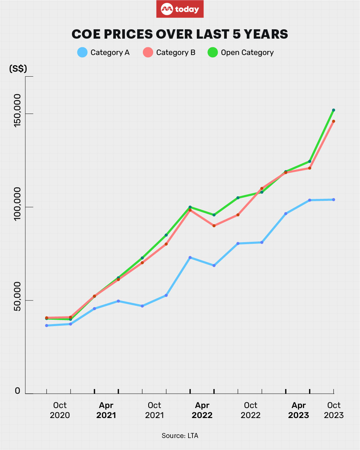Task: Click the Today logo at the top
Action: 180,9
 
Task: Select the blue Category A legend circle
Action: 82,52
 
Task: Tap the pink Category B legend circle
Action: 148,52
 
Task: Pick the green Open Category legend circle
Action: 212,52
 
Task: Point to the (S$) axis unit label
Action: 18,69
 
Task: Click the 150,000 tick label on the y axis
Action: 17,110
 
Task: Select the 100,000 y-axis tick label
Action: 17,204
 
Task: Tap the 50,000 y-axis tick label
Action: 17,297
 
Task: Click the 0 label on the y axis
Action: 18,391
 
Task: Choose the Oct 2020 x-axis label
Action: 60,410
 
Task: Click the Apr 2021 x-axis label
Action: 106,410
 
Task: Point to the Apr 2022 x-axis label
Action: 202,410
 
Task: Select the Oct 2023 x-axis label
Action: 334,410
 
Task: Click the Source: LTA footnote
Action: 180,436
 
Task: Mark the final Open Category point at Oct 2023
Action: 333,110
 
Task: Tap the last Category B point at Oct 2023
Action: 333,121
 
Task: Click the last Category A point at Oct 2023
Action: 333,200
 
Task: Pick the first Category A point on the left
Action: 47,325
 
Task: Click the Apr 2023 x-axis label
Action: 299,410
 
